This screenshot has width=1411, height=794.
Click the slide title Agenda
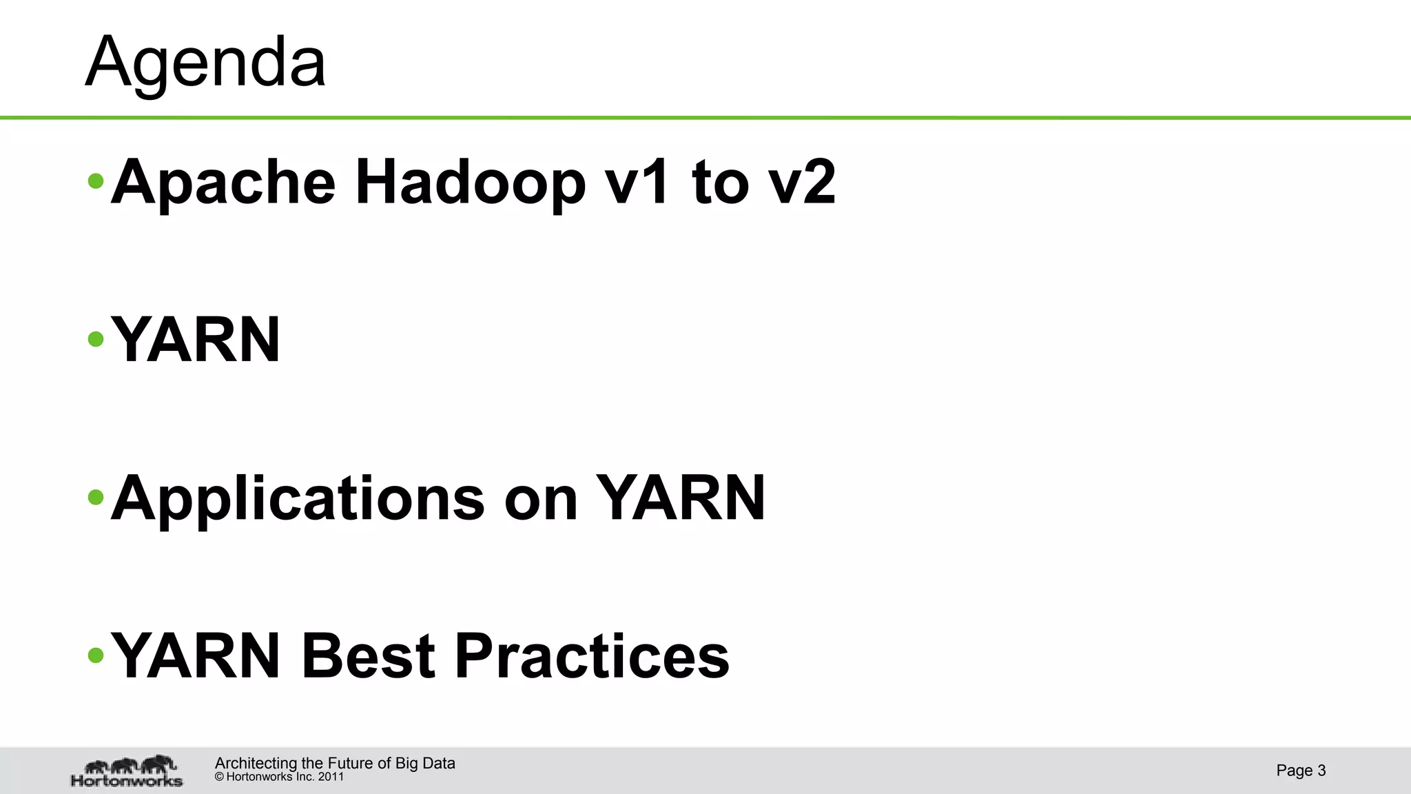click(205, 63)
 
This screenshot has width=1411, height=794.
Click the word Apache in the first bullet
click(223, 183)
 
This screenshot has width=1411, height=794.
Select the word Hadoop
click(471, 183)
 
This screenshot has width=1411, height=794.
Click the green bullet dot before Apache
click(96, 182)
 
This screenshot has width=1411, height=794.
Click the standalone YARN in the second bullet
click(196, 340)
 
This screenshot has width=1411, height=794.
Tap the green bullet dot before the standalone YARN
click(96, 339)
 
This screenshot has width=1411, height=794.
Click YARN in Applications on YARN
click(680, 498)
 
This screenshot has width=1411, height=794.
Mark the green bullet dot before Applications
click(96, 497)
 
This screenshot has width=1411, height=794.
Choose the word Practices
click(592, 655)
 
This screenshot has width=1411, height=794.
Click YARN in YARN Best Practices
click(196, 655)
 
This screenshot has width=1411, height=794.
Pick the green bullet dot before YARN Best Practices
click(96, 655)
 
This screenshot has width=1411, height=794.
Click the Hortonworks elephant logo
click(127, 771)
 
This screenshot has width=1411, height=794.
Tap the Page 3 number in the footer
click(1301, 771)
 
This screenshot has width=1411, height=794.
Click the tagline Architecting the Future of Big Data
click(335, 763)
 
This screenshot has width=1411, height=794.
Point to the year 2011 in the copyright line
click(331, 777)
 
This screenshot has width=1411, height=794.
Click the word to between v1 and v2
click(720, 183)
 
